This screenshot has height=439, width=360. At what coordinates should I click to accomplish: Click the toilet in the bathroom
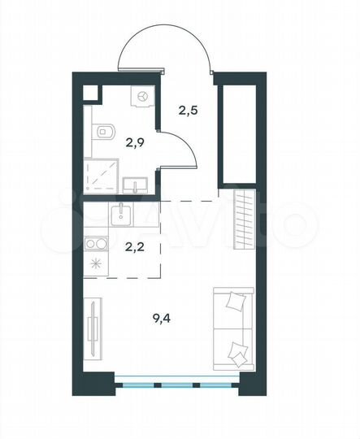click(x=101, y=133)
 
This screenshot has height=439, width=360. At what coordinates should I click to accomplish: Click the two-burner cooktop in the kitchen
click(x=95, y=243)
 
